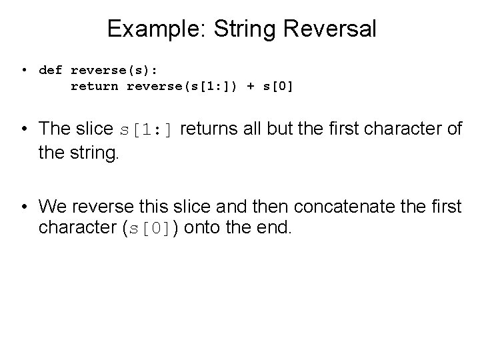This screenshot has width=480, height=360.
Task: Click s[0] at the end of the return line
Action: [276, 85]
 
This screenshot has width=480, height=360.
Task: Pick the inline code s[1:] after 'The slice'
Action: [145, 129]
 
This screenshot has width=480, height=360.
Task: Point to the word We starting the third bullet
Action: [51, 207]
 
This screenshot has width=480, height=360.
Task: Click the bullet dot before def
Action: [24, 70]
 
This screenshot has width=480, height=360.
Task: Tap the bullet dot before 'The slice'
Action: [24, 129]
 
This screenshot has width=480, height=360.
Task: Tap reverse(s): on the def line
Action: [114, 69]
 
